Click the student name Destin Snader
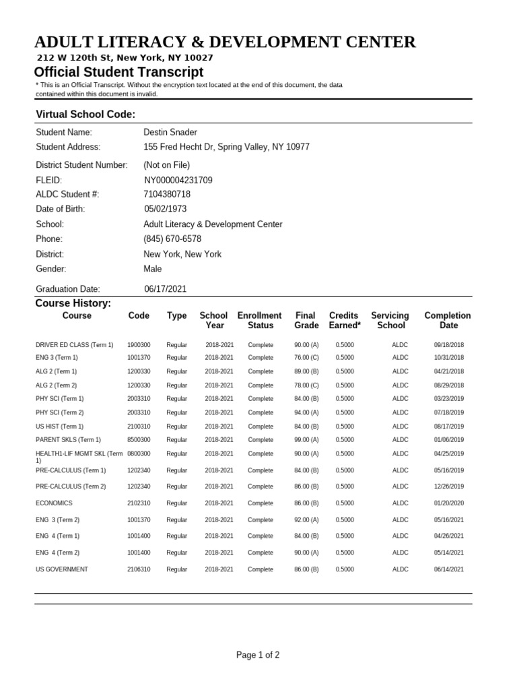(170, 132)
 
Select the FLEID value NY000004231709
(178, 180)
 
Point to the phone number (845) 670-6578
(172, 239)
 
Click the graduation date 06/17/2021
(166, 288)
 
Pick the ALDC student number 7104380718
(167, 194)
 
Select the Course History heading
(73, 303)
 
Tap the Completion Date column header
(448, 320)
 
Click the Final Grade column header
(306, 320)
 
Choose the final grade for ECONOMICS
(306, 503)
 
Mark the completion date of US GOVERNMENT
(449, 569)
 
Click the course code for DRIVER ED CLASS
(139, 344)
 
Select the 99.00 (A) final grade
(306, 439)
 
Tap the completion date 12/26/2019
(449, 486)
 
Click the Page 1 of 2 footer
(258, 654)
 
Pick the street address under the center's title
(125, 58)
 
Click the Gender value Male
(153, 269)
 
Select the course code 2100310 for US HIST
(139, 426)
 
